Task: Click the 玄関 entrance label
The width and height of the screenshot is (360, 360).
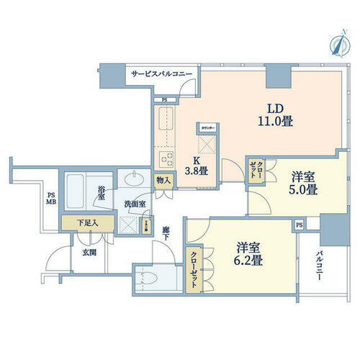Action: coord(89,252)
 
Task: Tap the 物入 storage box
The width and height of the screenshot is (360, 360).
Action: coord(164,181)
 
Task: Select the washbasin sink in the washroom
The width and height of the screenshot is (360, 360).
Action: coord(134,179)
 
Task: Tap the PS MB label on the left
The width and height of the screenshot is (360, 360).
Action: coord(50,198)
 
